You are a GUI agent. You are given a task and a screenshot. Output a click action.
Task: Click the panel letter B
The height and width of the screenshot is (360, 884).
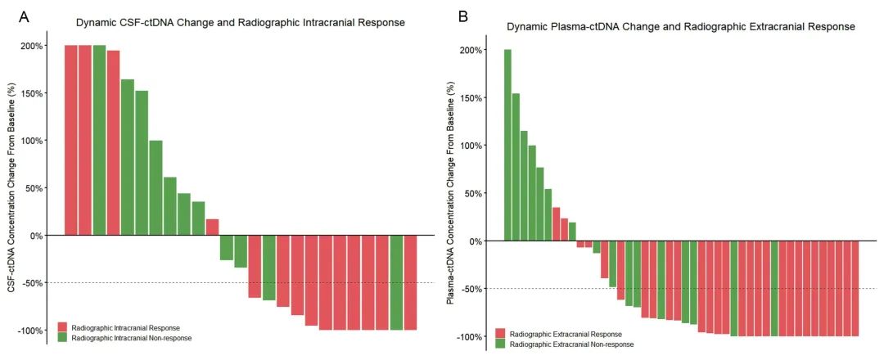click(463, 16)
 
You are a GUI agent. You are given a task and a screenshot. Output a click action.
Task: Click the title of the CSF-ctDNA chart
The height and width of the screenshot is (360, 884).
click(240, 23)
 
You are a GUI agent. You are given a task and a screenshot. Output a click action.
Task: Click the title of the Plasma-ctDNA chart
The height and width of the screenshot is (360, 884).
click(680, 27)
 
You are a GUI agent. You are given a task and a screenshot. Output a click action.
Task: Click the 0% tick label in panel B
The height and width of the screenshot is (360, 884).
click(473, 241)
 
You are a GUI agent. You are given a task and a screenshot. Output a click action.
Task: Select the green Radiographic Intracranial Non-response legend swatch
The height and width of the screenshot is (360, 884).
click(62, 337)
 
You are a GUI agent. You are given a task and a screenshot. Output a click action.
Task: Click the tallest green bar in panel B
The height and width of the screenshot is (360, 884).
click(507, 146)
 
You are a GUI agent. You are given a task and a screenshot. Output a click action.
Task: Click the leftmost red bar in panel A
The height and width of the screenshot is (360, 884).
click(71, 140)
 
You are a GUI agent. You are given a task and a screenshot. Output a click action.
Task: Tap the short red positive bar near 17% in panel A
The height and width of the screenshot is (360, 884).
click(212, 227)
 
